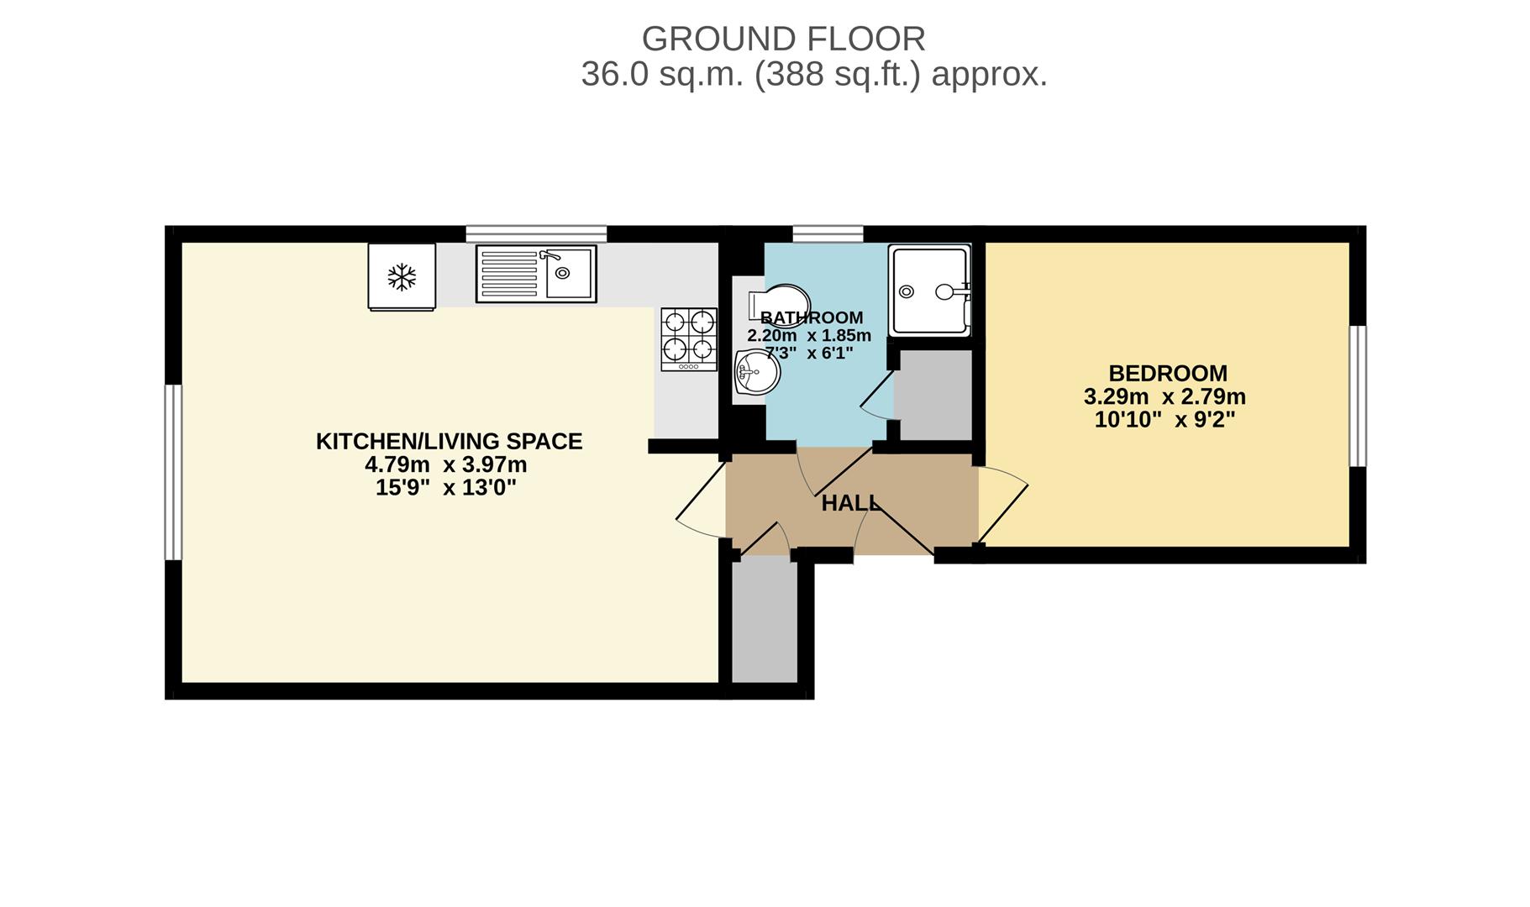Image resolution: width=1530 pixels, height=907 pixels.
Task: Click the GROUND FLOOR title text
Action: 783,39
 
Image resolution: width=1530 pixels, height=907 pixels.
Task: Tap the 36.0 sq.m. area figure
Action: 662,75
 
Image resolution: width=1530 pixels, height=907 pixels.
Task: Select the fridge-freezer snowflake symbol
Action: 402,277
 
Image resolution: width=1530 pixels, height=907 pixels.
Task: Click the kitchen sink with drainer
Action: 536,273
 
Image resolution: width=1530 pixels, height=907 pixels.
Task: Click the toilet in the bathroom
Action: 780,301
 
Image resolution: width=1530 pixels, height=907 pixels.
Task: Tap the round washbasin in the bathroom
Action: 756,372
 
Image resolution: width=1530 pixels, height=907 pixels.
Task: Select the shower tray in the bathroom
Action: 930,291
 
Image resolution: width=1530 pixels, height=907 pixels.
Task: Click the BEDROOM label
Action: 1167,373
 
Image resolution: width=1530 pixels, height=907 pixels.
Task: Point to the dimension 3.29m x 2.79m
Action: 1165,396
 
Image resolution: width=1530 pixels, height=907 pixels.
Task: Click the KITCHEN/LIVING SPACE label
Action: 449,441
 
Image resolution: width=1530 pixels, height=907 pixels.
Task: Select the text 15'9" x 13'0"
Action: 445,488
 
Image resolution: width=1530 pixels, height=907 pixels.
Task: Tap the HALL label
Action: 849,503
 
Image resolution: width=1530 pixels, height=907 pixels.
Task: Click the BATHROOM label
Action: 811,317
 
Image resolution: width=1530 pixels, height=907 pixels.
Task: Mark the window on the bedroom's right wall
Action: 1357,396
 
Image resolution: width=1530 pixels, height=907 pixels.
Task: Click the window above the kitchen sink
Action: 536,233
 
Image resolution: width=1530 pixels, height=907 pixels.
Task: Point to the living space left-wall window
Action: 173,472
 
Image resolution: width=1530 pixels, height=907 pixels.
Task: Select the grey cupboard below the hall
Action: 765,621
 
